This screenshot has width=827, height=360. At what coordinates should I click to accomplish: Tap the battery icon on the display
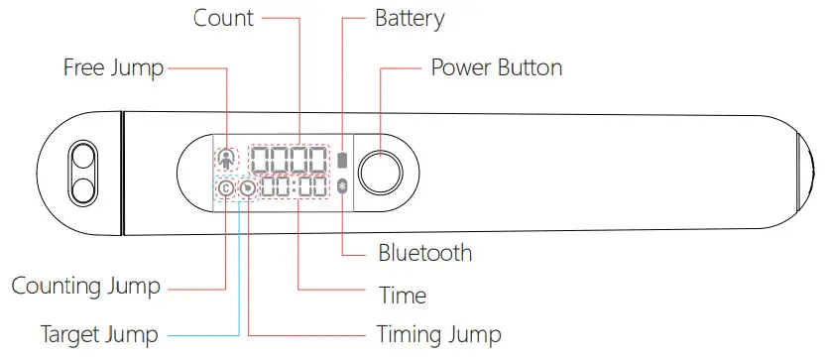tap(343, 160)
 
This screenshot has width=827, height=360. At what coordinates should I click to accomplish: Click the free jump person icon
tap(227, 159)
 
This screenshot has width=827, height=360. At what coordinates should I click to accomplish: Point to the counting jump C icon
tap(225, 187)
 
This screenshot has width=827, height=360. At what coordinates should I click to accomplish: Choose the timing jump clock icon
tap(247, 187)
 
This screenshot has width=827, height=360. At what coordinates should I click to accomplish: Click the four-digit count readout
tap(289, 160)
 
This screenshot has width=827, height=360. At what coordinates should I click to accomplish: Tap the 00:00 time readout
tap(295, 187)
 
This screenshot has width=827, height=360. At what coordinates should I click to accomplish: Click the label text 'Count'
tap(223, 18)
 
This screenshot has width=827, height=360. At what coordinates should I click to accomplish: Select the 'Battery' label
tap(410, 18)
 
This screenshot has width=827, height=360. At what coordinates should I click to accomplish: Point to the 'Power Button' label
tap(496, 68)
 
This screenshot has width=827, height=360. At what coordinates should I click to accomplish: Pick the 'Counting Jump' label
tap(85, 287)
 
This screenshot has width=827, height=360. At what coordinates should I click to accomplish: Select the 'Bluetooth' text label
tap(424, 253)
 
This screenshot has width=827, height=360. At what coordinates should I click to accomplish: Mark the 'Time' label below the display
tap(403, 296)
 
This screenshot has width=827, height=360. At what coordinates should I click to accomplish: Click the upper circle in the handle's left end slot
tap(81, 157)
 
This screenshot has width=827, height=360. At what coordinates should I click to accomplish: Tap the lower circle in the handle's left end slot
tap(81, 186)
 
